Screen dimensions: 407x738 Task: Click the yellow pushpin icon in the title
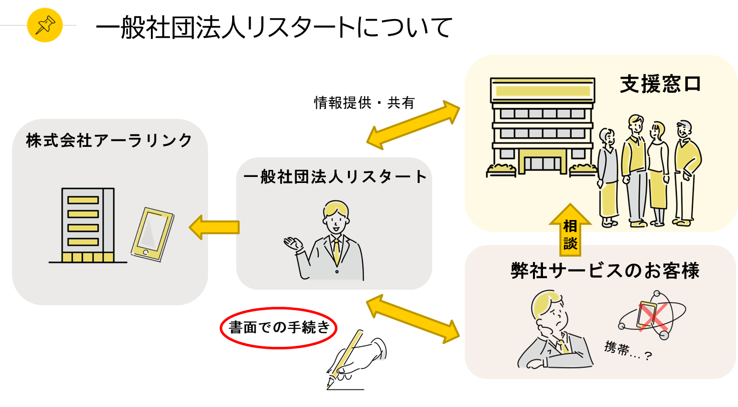pyautogui.click(x=45, y=25)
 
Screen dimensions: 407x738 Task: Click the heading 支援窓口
pyautogui.click(x=660, y=84)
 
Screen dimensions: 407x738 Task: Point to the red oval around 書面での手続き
pyautogui.click(x=279, y=328)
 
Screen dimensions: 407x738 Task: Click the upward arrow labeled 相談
pyautogui.click(x=570, y=229)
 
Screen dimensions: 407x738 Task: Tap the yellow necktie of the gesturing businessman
pyautogui.click(x=336, y=250)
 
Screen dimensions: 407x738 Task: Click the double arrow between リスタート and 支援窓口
pyautogui.click(x=413, y=124)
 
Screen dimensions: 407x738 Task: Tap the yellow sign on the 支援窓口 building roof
pyautogui.click(x=542, y=91)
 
